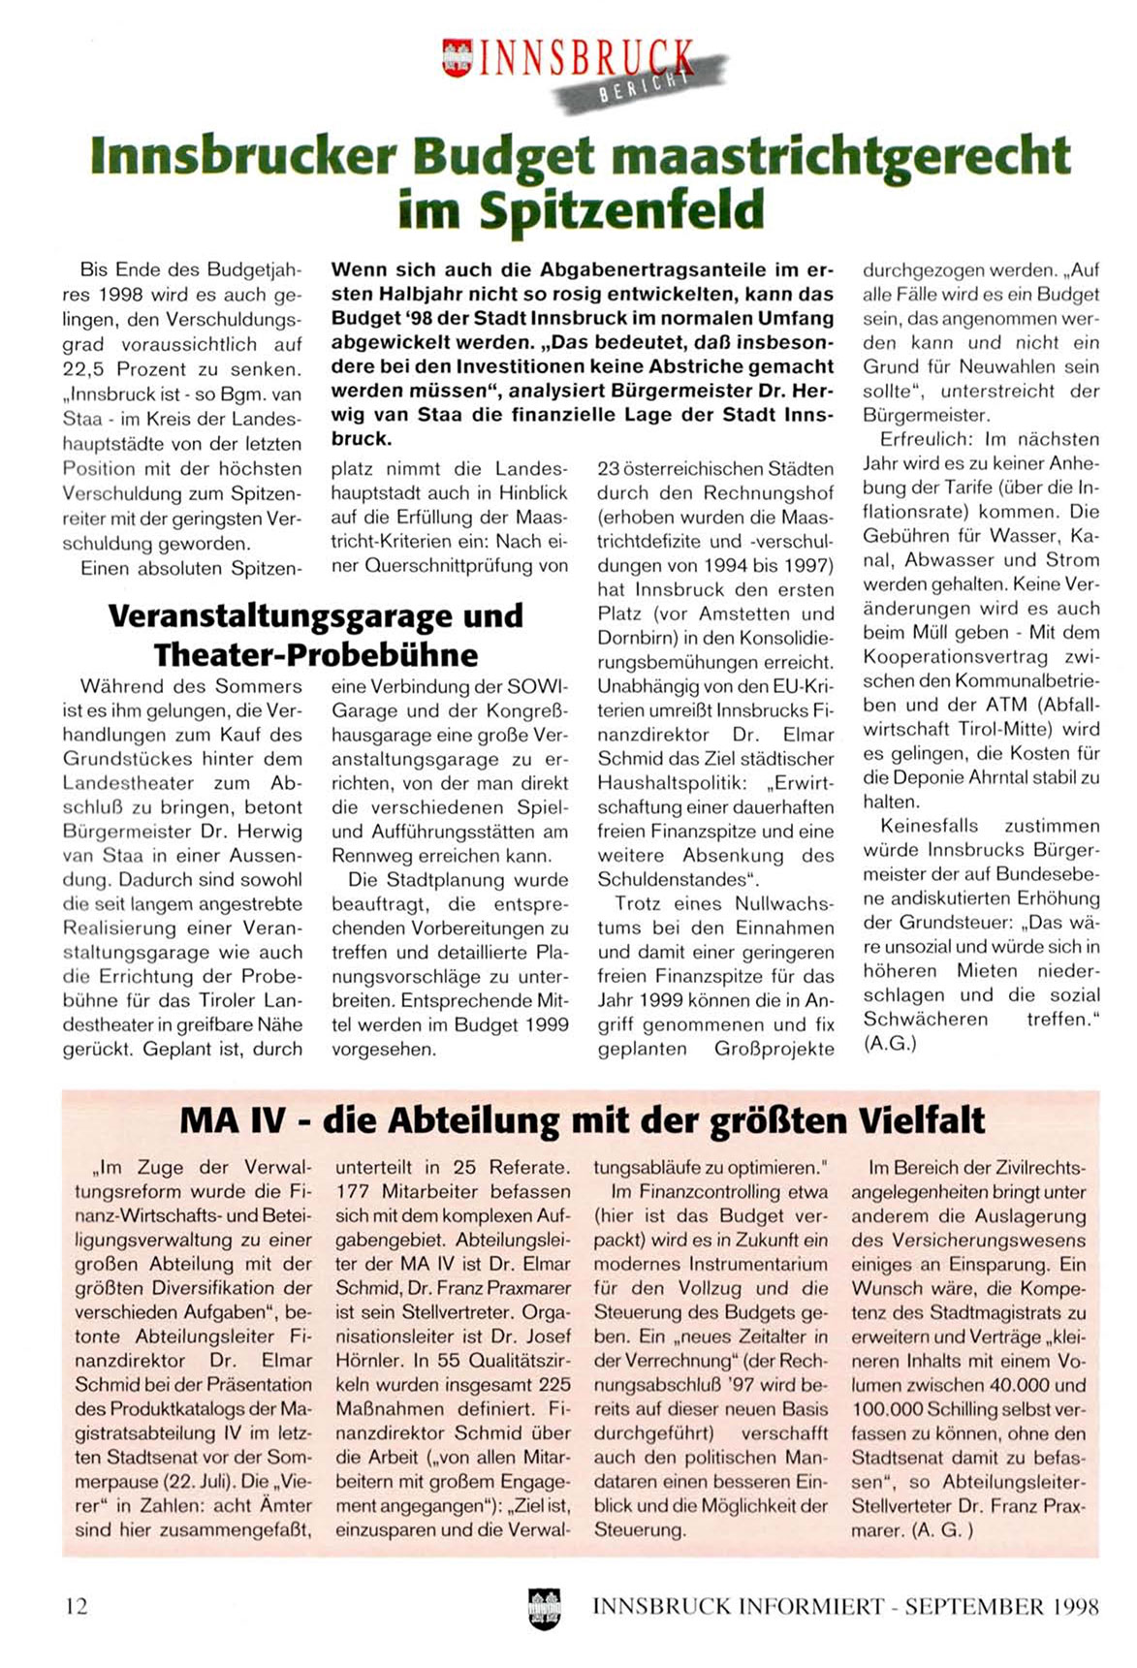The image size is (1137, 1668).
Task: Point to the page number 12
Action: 76,1606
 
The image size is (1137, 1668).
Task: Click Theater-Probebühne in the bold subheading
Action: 316,655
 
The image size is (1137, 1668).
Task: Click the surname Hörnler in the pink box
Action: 369,1361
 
